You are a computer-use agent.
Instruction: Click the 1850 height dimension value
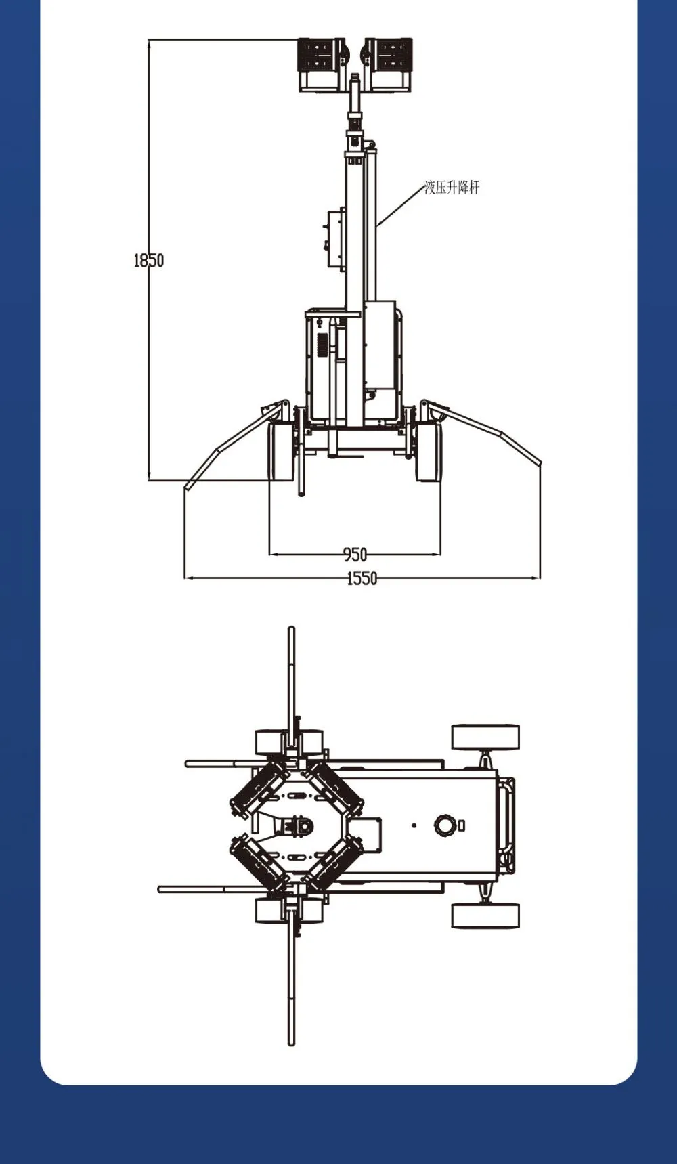tap(148, 260)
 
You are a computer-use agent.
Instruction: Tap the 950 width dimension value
tap(355, 555)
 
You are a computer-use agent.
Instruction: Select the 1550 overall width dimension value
tap(362, 578)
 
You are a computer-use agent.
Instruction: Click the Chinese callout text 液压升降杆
tap(452, 188)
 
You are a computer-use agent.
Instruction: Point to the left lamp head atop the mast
tap(322, 64)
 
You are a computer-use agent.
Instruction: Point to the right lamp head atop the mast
tap(388, 64)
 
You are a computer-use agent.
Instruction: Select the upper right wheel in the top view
tap(485, 737)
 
